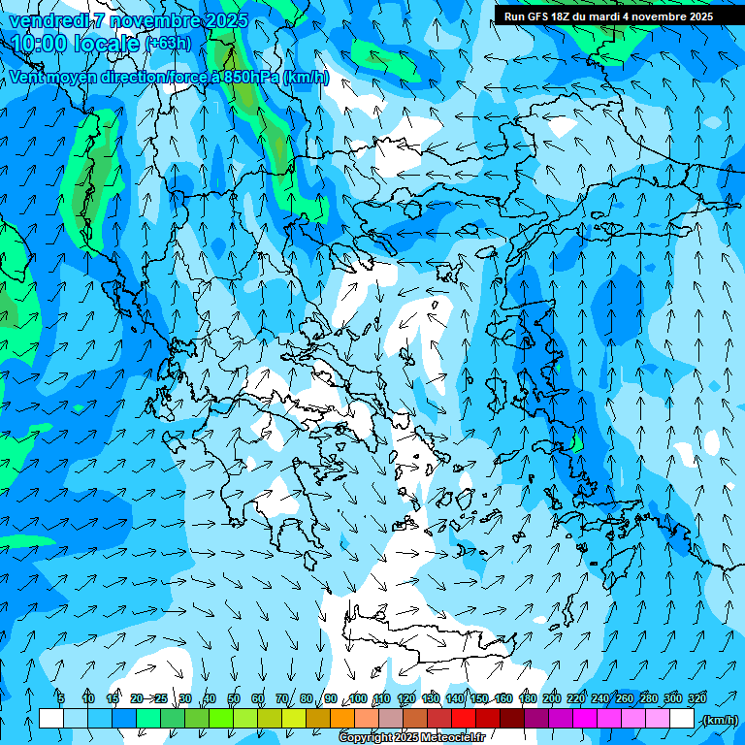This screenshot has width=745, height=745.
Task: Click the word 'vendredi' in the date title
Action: (45, 20)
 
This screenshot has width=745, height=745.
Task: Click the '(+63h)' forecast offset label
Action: (168, 43)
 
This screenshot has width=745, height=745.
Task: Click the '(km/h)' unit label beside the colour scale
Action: (719, 719)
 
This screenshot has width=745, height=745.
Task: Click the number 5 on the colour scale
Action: (61, 698)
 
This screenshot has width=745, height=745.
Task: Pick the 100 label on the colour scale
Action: (358, 698)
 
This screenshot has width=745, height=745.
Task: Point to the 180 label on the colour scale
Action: (528, 698)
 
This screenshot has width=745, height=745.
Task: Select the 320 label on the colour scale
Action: (697, 698)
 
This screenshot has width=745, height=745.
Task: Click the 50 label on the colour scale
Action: (234, 698)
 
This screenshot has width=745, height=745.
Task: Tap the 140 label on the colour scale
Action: (455, 698)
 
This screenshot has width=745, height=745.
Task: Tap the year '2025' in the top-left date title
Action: (221, 20)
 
